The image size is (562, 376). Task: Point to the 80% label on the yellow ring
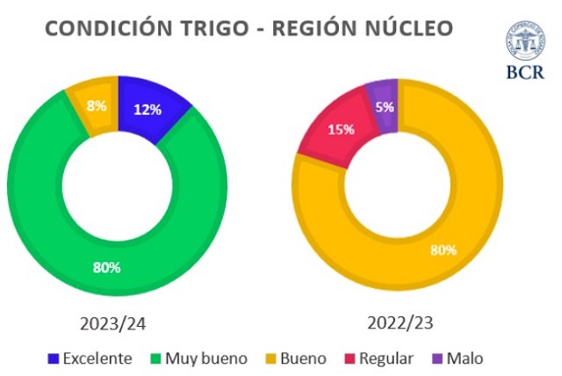[443, 250]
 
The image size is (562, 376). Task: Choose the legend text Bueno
[302, 358]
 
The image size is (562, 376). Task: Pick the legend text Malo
[465, 358]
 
